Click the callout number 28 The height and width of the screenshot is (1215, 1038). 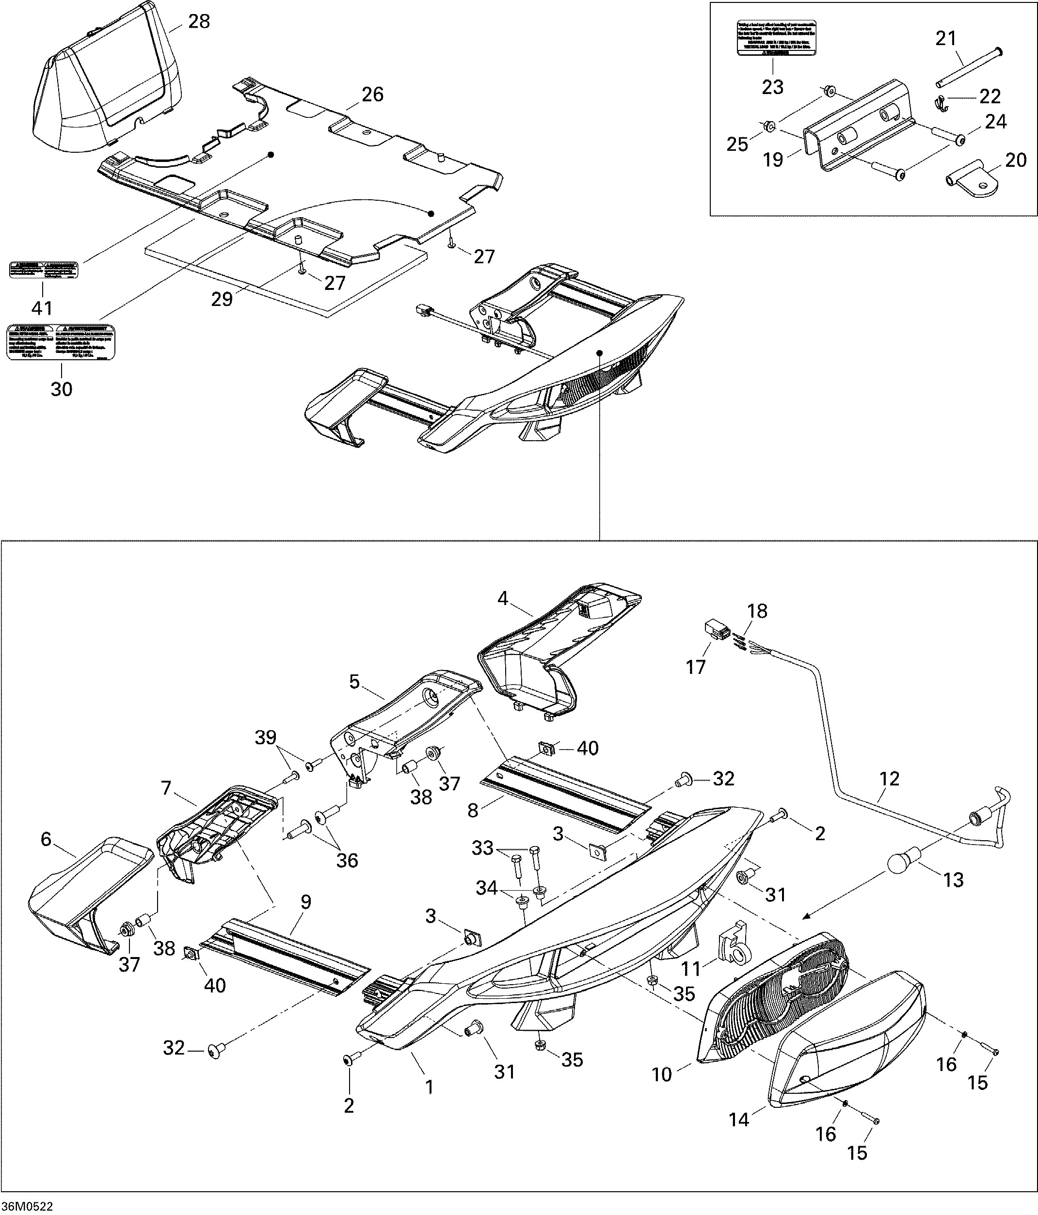pyautogui.click(x=199, y=21)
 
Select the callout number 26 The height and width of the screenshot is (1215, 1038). pyautogui.click(x=372, y=94)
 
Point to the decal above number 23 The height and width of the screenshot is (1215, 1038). pyautogui.click(x=777, y=38)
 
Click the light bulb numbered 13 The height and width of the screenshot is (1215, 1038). pyautogui.click(x=901, y=862)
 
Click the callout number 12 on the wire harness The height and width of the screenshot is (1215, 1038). pyautogui.click(x=889, y=779)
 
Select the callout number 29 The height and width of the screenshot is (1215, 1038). pyautogui.click(x=222, y=299)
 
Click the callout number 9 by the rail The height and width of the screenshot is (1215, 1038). pyautogui.click(x=305, y=901)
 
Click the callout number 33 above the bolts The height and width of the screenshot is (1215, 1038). pyautogui.click(x=483, y=848)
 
